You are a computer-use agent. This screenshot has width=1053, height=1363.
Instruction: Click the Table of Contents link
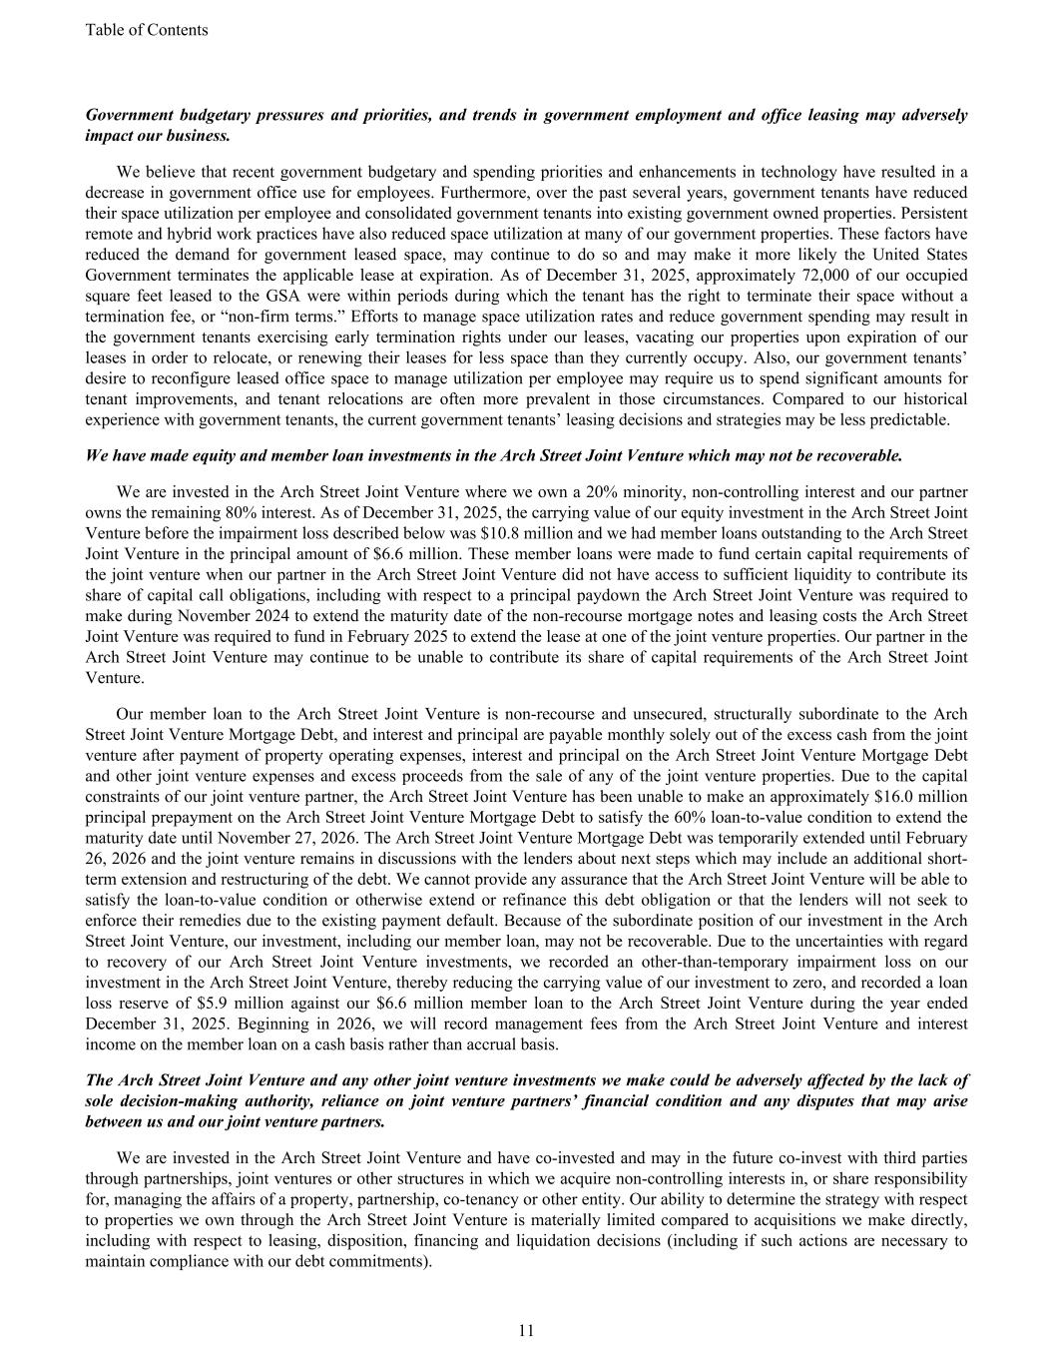147,30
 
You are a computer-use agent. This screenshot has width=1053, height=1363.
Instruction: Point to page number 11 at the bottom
526,1330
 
